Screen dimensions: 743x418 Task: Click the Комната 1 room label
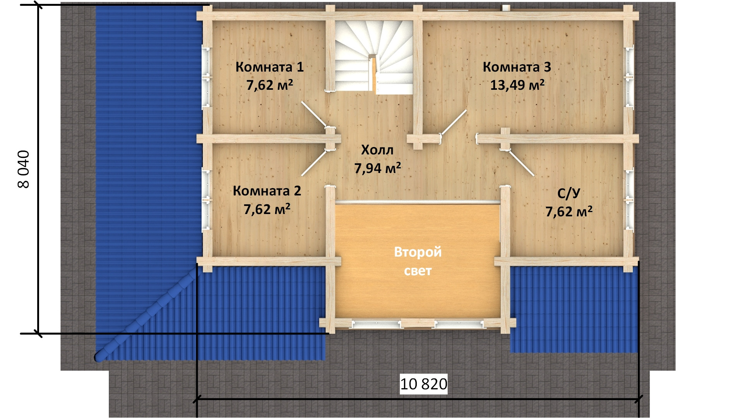269,67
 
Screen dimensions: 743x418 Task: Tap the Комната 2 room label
267,191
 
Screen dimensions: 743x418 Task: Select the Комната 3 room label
517,67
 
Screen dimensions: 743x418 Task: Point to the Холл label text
377,150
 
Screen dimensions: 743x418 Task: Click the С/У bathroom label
568,193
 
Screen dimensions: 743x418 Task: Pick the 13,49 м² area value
517,85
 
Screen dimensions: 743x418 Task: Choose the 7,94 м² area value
377,168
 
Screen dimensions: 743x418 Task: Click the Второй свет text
418,261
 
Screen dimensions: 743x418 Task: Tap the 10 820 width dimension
423,384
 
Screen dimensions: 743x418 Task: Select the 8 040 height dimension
24,169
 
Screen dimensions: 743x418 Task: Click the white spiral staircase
374,57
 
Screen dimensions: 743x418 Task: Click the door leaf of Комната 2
314,163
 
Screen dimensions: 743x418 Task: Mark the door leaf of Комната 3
454,122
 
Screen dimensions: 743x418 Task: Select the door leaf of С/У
521,163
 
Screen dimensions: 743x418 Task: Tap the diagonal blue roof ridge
146,315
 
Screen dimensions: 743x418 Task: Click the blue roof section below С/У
574,309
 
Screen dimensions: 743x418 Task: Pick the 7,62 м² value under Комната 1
269,85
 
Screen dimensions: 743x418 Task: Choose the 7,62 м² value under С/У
568,211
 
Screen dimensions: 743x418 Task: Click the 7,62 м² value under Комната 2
267,209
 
